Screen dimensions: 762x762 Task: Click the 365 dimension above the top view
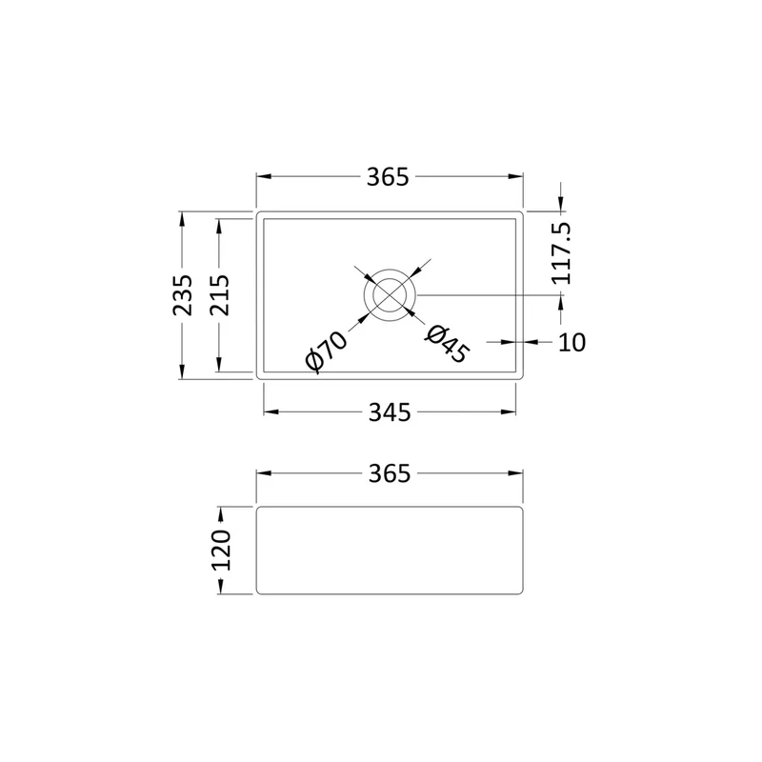point(388,177)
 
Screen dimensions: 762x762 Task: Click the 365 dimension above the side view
point(390,473)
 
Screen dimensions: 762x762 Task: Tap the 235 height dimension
point(182,295)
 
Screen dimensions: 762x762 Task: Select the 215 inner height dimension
point(219,295)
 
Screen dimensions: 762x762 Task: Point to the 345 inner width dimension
point(390,412)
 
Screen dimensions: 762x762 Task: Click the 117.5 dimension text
point(561,253)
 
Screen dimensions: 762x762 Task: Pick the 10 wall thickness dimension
point(571,343)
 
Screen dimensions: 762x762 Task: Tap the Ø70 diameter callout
point(327,351)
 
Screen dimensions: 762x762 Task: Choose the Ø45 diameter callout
point(448,344)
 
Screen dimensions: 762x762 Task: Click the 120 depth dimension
point(221,551)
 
